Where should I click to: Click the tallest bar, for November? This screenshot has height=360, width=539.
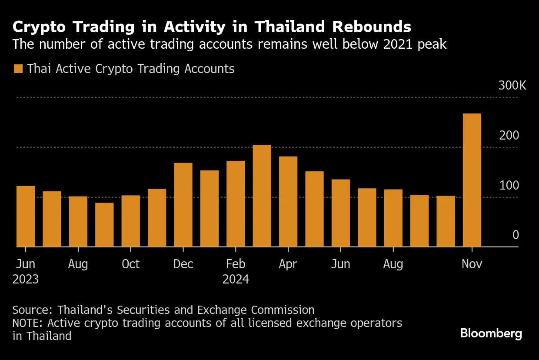472,180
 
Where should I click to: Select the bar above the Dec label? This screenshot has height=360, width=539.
183,205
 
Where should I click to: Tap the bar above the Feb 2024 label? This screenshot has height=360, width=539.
236,204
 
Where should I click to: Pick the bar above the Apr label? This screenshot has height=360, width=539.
288,202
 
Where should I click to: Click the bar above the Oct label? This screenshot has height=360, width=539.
130,221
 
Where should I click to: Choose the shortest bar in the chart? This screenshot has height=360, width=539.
104,225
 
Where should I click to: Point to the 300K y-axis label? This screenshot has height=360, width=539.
512,85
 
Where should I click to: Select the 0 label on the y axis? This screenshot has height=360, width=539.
516,235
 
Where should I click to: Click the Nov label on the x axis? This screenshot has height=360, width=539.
472,264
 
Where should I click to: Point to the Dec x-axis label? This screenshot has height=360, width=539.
183,264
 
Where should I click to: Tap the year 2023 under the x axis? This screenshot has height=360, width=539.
26,279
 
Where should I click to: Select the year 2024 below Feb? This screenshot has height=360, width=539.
236,279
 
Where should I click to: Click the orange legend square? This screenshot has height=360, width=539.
18,69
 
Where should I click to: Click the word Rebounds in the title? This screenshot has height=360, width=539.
372,27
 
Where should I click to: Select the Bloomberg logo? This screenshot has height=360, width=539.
491,334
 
